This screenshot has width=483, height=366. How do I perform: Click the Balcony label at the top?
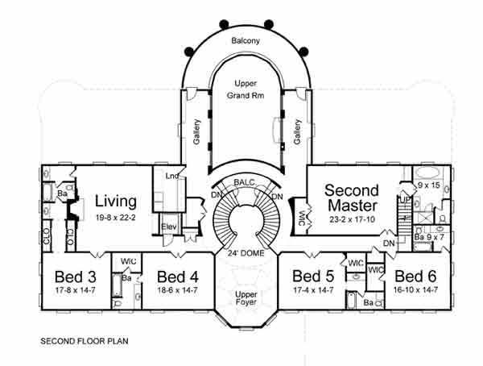[x=246, y=39]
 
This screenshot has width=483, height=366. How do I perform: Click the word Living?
[x=116, y=200]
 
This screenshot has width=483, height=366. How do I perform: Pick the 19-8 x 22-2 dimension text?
[x=116, y=216]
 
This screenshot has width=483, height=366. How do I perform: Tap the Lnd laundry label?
[x=171, y=176]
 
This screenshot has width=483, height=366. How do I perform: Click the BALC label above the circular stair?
[x=245, y=184]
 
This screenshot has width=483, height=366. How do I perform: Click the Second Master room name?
[x=351, y=198]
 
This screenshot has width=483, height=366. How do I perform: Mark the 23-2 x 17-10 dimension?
[x=351, y=218]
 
